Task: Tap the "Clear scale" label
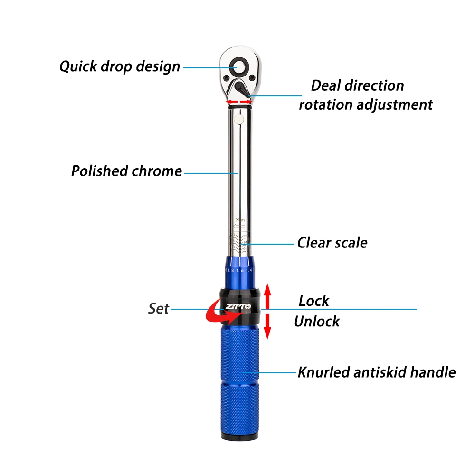point(332,243)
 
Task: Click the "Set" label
point(158,309)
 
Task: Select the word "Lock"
point(313,301)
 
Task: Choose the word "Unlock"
point(317,321)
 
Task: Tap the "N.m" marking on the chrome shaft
point(241,220)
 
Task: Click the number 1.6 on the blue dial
point(240,271)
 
